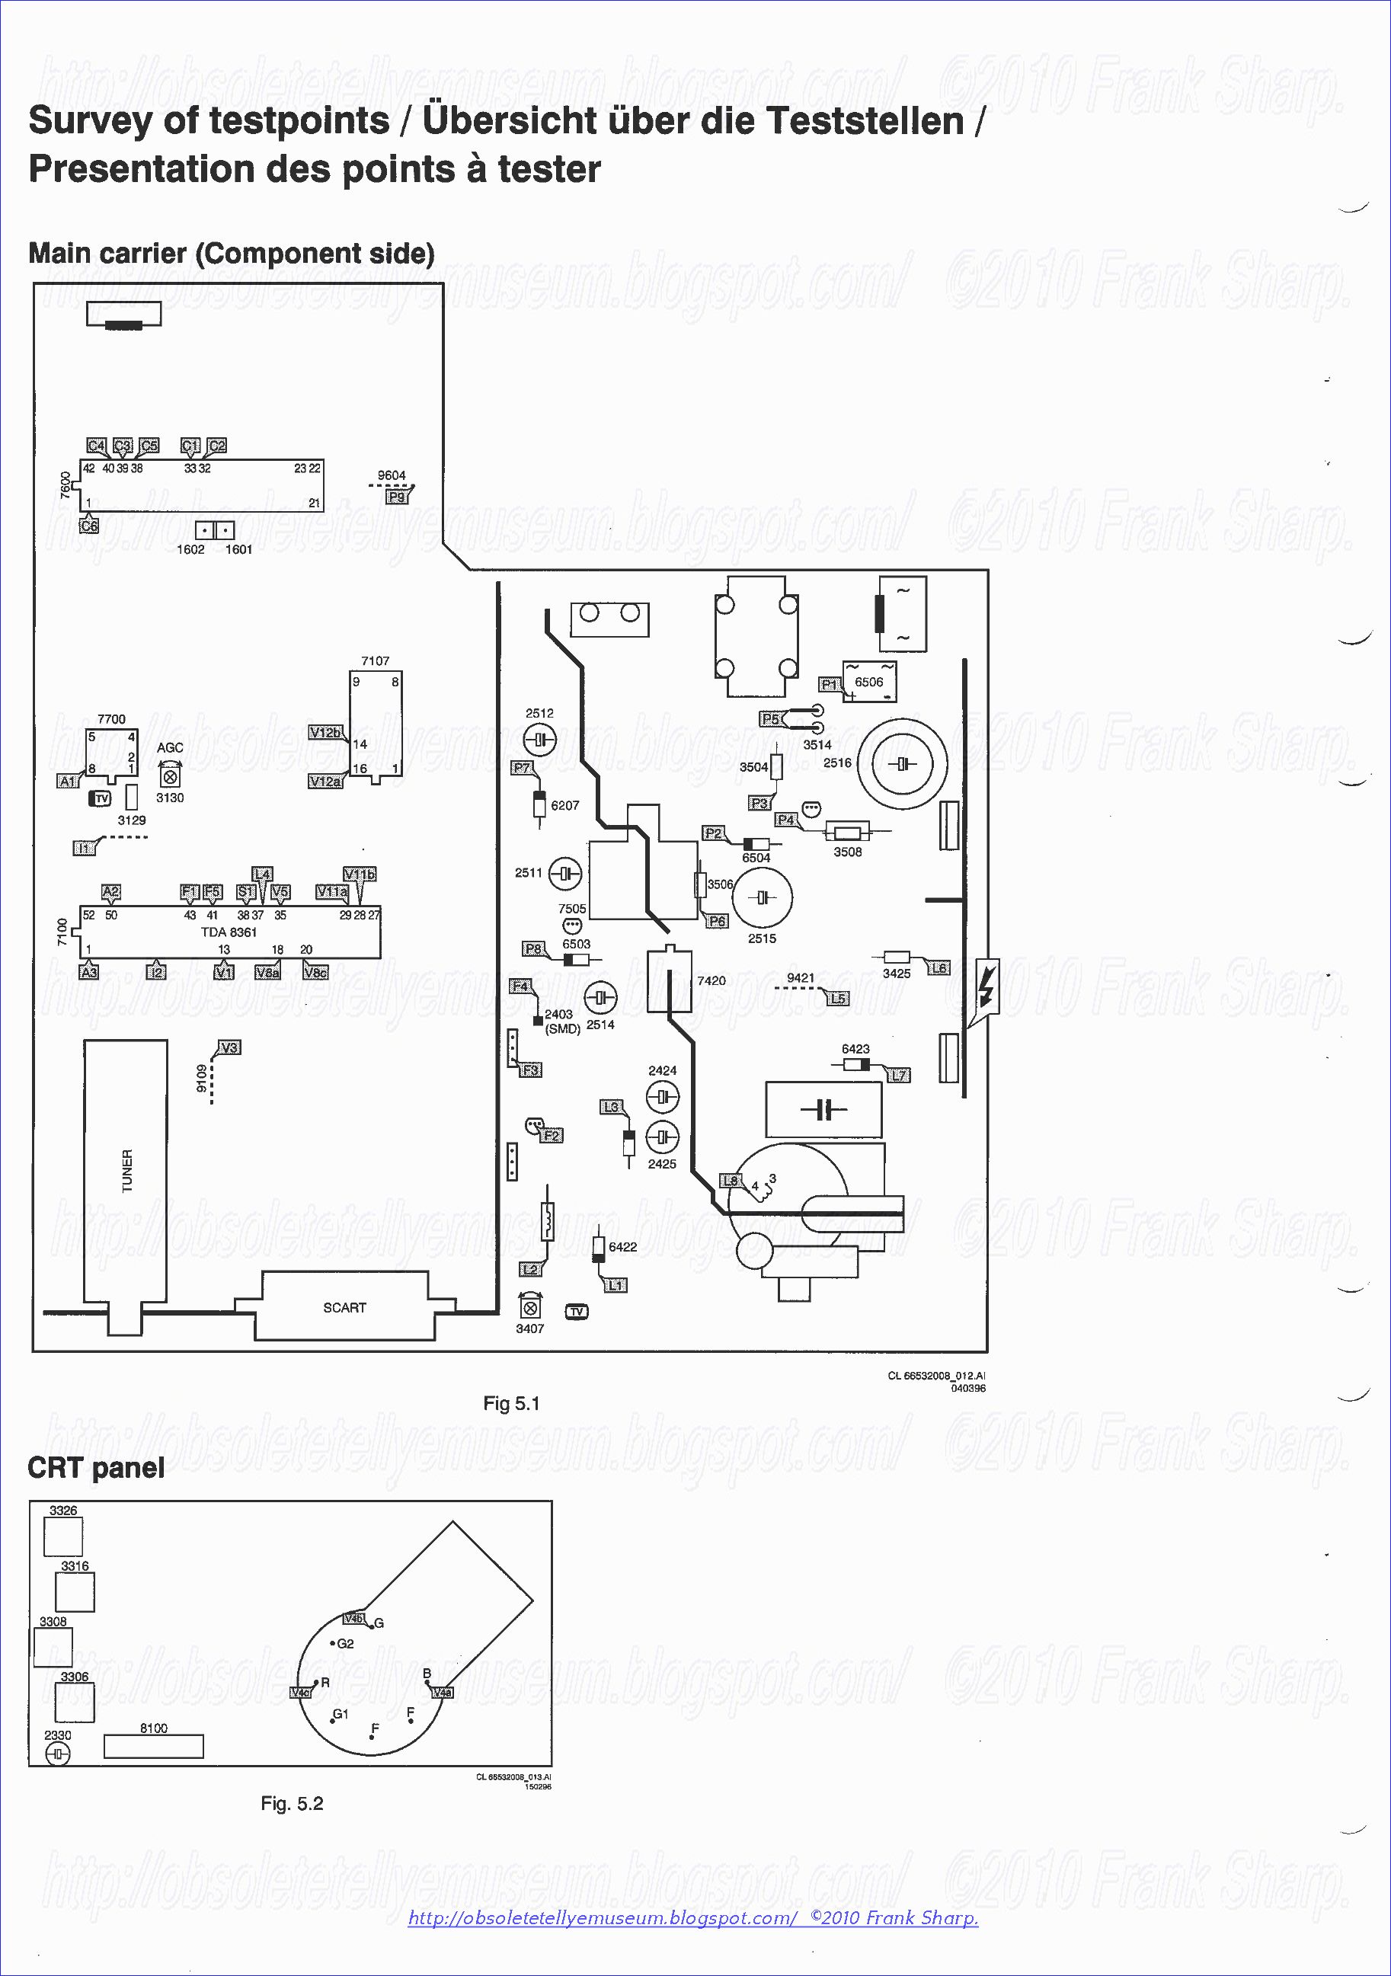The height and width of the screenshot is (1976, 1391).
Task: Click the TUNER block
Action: coord(126,1171)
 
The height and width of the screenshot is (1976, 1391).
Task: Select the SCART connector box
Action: coord(344,1306)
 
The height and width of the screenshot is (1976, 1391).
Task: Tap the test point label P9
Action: coord(397,497)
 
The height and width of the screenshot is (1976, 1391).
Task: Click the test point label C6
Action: coord(88,525)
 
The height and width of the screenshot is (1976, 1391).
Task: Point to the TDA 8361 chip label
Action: coord(229,932)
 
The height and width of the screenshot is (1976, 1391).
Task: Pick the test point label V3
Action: coord(229,1047)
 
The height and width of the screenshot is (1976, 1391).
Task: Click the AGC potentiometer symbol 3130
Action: coord(170,776)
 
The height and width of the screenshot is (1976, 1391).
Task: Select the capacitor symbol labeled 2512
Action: coord(539,739)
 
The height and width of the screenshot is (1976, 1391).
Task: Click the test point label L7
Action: coord(899,1075)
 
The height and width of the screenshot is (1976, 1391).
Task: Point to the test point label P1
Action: coord(829,684)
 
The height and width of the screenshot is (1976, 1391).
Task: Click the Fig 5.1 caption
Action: coord(511,1404)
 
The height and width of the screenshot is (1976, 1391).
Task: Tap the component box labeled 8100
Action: coord(153,1746)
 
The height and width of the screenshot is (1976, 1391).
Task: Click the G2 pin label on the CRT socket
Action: coord(345,1643)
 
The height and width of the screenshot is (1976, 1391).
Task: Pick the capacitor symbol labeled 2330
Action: coord(58,1754)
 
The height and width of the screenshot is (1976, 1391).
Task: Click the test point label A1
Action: coord(68,782)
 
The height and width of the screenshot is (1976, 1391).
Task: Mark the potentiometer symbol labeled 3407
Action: coord(531,1307)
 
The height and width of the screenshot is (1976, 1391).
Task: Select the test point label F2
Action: coord(552,1135)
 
